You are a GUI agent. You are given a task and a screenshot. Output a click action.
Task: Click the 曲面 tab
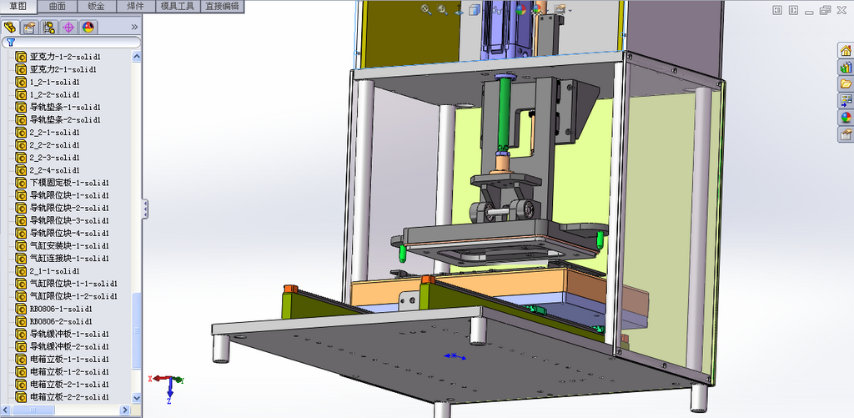click(x=58, y=7)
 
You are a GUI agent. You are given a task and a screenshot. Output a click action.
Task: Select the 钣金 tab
click(x=97, y=7)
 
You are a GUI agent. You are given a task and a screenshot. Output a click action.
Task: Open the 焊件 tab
click(x=136, y=7)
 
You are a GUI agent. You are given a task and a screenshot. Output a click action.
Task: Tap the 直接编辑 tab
click(x=222, y=7)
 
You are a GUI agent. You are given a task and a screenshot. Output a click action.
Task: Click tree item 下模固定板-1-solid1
click(x=69, y=183)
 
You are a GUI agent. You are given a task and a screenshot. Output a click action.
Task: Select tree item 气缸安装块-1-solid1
click(x=69, y=246)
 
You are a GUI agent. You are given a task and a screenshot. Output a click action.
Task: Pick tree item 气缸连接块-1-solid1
click(x=69, y=259)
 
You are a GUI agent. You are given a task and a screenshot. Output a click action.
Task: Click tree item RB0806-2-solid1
click(x=60, y=321)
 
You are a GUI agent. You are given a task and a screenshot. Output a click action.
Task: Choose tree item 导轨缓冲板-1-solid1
click(x=69, y=334)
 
